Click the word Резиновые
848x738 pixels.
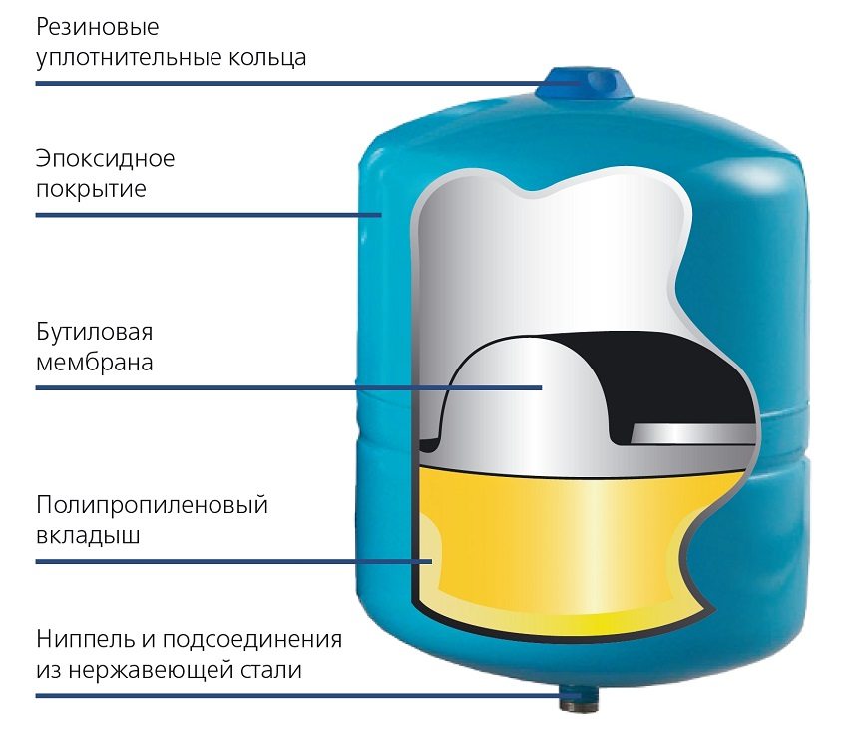point(97,26)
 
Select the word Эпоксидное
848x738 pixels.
point(106,158)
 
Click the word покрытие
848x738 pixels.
point(91,189)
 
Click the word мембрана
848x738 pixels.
point(95,361)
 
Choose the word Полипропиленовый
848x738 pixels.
point(153,505)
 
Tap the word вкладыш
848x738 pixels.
point(88,535)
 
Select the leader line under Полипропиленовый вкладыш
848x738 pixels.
point(229,562)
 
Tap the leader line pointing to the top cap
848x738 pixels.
point(299,83)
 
